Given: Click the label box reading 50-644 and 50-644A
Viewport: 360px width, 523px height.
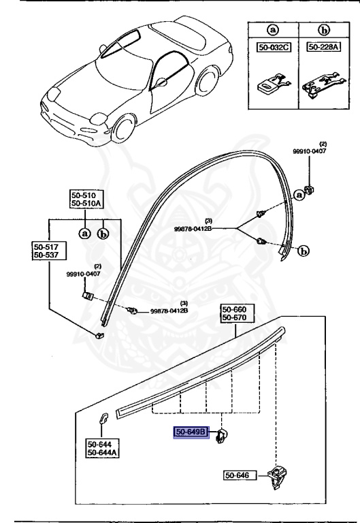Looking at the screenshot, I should coord(101,448).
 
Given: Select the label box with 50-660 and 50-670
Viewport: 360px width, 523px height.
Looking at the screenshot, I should coord(235,313).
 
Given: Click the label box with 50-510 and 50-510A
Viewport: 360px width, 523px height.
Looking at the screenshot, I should coord(85,198).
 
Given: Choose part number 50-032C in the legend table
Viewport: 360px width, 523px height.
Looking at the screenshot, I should coord(273,47).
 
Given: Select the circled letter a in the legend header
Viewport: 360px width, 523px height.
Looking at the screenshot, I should coord(273,30).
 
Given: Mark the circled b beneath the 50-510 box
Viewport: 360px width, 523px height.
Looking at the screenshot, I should coord(103,233).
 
